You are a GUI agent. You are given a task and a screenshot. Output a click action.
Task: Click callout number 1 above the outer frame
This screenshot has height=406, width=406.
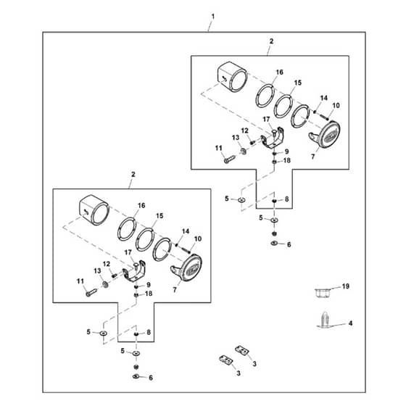[213, 17]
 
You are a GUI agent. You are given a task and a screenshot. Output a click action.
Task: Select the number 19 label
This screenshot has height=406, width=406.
[346, 286]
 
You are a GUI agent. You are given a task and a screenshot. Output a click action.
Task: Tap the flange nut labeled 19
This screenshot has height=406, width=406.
[322, 294]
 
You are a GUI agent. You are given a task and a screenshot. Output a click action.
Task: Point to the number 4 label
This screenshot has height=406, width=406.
[350, 323]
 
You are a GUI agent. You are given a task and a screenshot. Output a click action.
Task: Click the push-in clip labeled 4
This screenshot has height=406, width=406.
[326, 320]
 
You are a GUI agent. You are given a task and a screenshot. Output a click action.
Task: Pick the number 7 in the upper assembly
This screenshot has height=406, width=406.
[312, 157]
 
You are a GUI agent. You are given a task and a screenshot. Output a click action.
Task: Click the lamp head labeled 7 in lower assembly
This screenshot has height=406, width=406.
[189, 269]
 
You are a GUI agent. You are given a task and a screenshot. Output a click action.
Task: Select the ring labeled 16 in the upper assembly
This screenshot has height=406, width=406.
[265, 96]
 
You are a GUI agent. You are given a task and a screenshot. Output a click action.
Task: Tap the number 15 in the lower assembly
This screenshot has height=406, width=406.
[159, 216]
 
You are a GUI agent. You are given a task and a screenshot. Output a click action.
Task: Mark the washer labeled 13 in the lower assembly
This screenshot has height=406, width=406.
[105, 284]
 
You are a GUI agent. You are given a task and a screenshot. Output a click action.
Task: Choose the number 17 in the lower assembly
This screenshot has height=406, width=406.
[128, 252]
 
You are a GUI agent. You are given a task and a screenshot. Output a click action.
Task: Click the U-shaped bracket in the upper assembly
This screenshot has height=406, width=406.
[272, 138]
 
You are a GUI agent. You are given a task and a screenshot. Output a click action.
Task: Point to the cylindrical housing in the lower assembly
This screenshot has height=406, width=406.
[94, 210]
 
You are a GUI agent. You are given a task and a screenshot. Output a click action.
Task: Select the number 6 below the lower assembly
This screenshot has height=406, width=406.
[151, 378]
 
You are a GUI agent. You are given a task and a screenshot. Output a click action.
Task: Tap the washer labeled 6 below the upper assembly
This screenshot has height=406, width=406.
[274, 244]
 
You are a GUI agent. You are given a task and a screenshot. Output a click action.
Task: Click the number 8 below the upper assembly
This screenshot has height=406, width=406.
[286, 199]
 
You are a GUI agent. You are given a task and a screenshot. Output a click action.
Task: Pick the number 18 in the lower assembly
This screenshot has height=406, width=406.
[149, 294]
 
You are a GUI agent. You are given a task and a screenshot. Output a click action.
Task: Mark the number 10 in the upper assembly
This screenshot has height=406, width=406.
[336, 105]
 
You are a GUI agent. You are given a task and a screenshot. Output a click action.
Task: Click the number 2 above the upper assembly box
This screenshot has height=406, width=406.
[271, 41]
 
